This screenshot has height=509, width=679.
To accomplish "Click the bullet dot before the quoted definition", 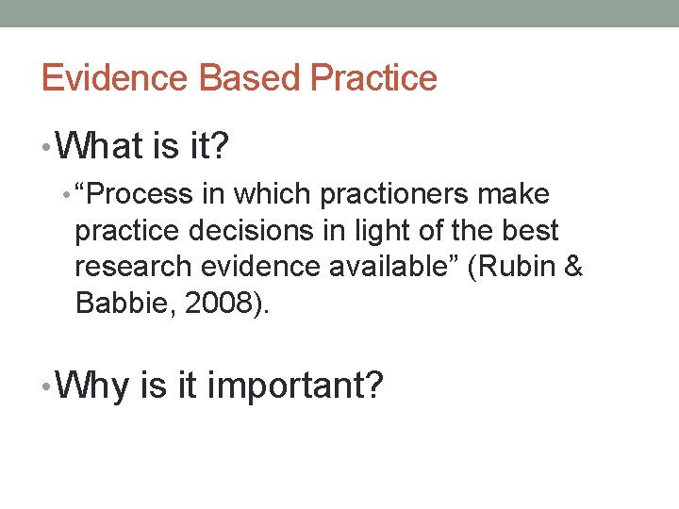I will tap(65, 196).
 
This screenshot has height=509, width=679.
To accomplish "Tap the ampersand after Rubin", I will tap(572, 268).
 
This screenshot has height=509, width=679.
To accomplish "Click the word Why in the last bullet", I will tap(92, 386).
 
